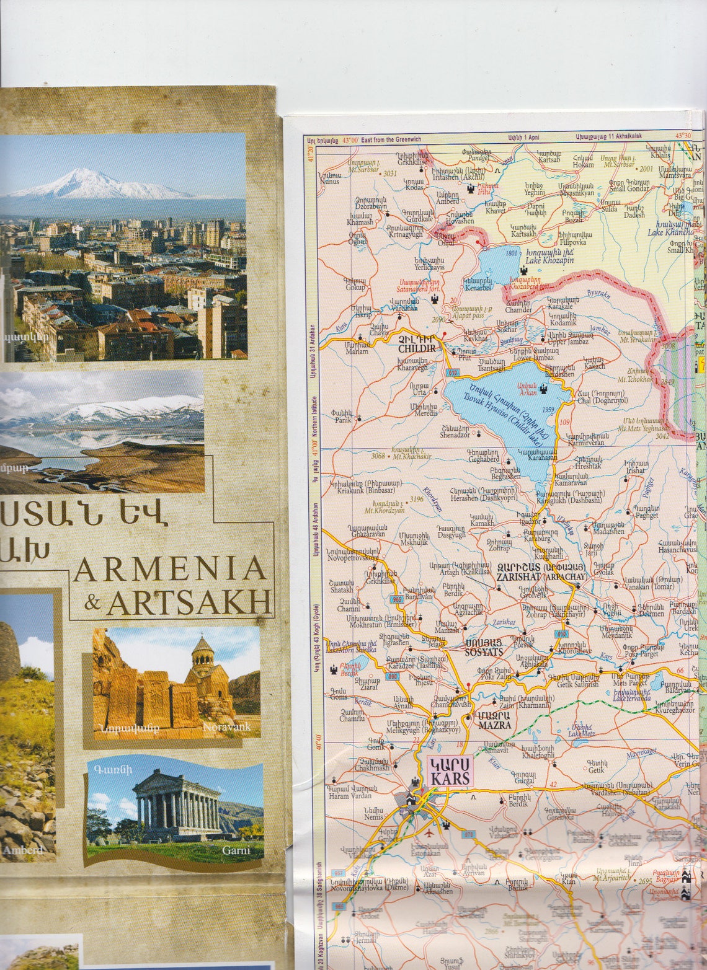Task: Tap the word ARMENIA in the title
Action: [169, 570]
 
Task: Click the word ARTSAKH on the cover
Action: [189, 602]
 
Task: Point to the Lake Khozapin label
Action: [549, 260]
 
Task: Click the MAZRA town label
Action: [494, 725]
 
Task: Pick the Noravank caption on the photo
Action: [226, 726]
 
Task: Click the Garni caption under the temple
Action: [236, 850]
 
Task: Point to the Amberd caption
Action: [22, 850]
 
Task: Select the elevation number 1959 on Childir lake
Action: [548, 410]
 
